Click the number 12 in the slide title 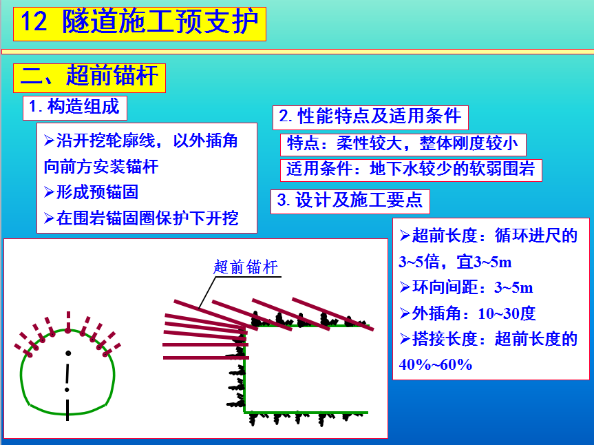34,21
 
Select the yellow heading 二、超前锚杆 89,76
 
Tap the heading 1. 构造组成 74,107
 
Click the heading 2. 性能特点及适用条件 370,116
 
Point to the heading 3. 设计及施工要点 350,200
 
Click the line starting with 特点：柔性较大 403,144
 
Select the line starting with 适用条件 411,169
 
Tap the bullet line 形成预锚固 91,192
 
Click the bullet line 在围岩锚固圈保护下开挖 141,218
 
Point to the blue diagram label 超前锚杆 246,267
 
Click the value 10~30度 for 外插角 507,313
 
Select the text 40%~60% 436,364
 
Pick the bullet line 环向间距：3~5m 467,287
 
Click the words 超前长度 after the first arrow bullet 444,236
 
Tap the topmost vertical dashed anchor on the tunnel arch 68,322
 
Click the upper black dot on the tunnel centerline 68,353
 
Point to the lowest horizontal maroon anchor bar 206,358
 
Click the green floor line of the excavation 306,413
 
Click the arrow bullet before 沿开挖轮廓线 50,141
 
